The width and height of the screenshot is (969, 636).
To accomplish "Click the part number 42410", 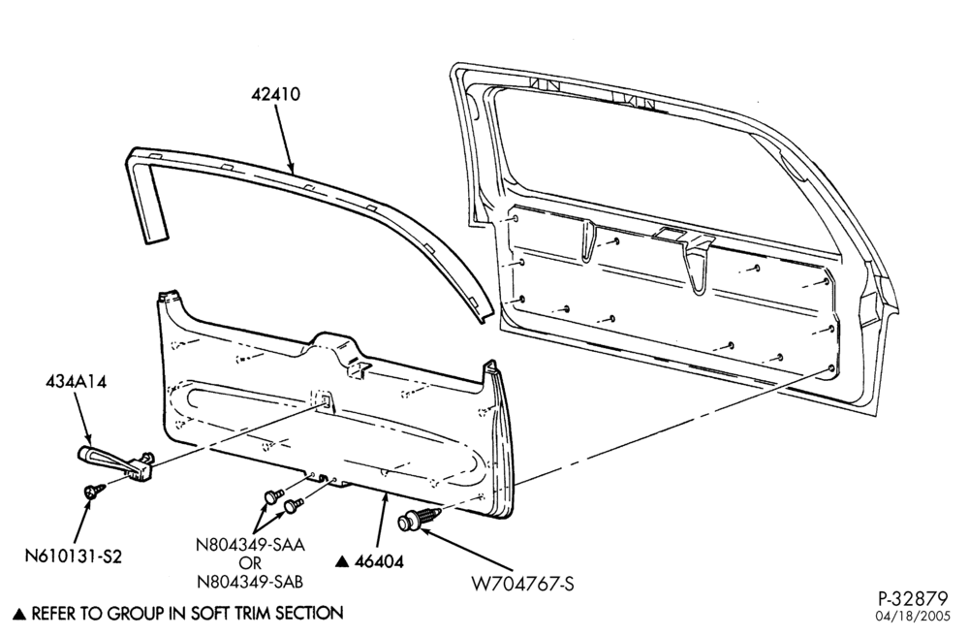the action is click(275, 95).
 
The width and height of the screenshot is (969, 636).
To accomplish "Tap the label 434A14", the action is click(76, 383).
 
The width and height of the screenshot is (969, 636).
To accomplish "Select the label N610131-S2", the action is click(74, 556).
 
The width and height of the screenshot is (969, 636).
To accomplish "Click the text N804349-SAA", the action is click(250, 545).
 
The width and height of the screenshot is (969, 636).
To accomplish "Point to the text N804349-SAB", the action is click(250, 582).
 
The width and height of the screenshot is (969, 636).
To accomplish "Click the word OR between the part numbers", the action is click(250, 563).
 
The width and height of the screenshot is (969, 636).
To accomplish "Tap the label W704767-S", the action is click(523, 584).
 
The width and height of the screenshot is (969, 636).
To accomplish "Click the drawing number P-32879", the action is click(913, 598).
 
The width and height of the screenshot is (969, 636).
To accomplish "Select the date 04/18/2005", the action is click(912, 617).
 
